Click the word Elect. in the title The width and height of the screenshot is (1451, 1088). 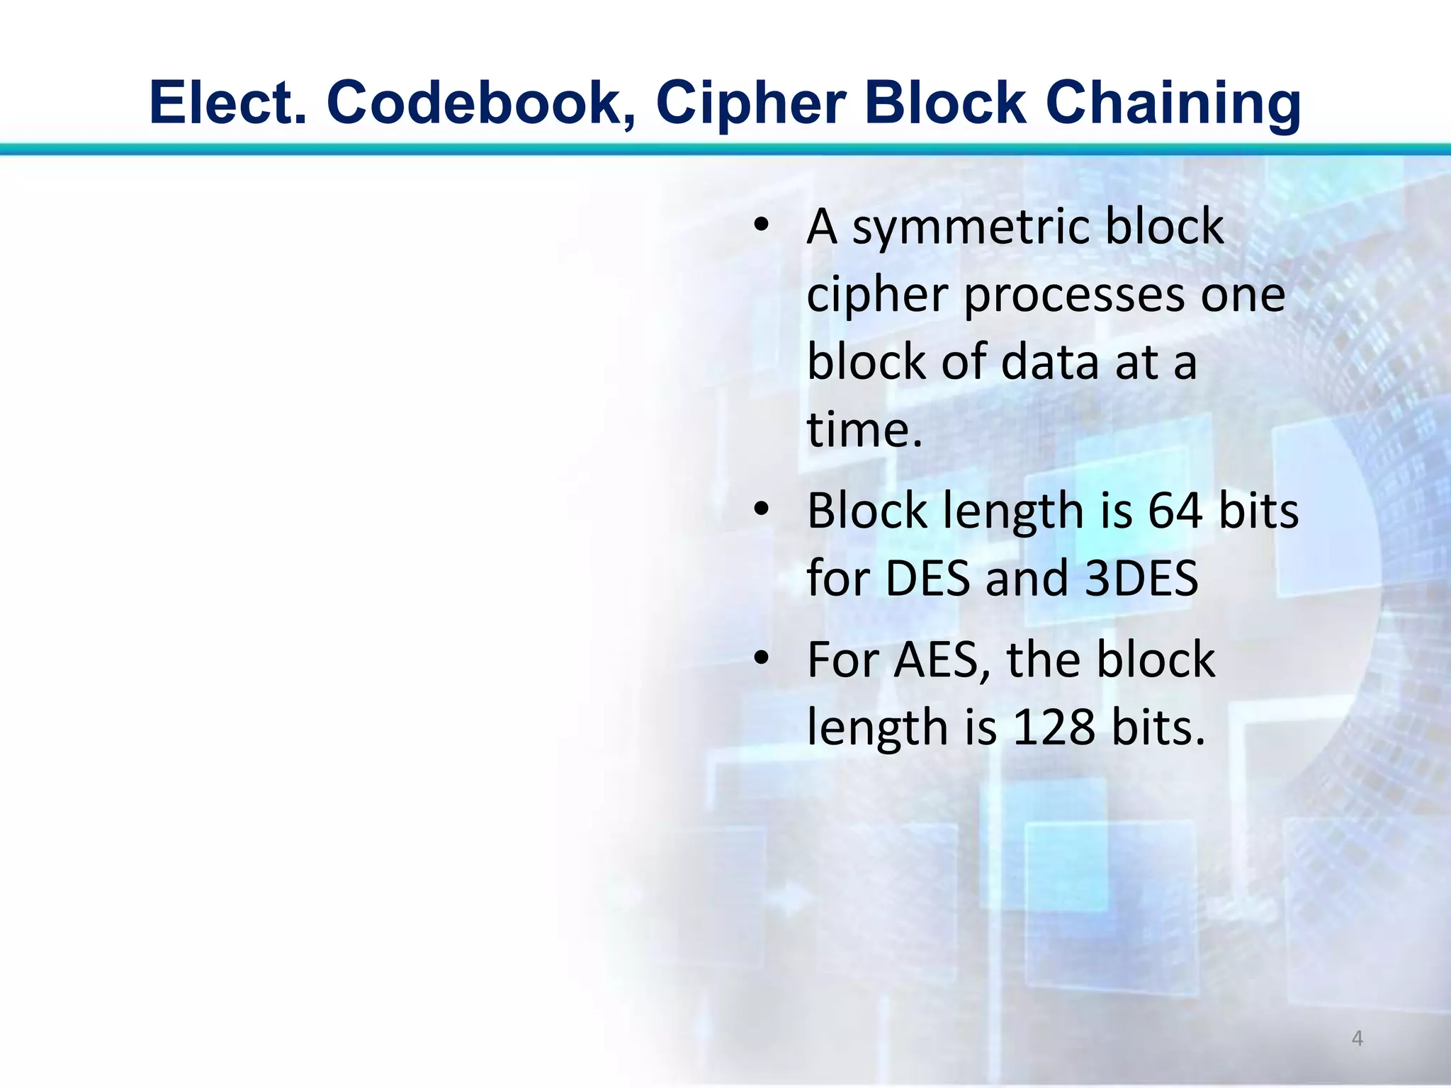tap(228, 103)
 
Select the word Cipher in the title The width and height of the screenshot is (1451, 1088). tap(752, 103)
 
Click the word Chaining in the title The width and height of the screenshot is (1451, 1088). tap(1173, 103)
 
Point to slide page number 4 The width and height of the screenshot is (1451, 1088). tap(1357, 1038)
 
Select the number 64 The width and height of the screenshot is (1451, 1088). tap(1175, 511)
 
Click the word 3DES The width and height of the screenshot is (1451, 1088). tap(1141, 579)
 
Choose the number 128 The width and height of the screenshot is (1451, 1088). tap(1054, 727)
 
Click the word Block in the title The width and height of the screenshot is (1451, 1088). tap(944, 103)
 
